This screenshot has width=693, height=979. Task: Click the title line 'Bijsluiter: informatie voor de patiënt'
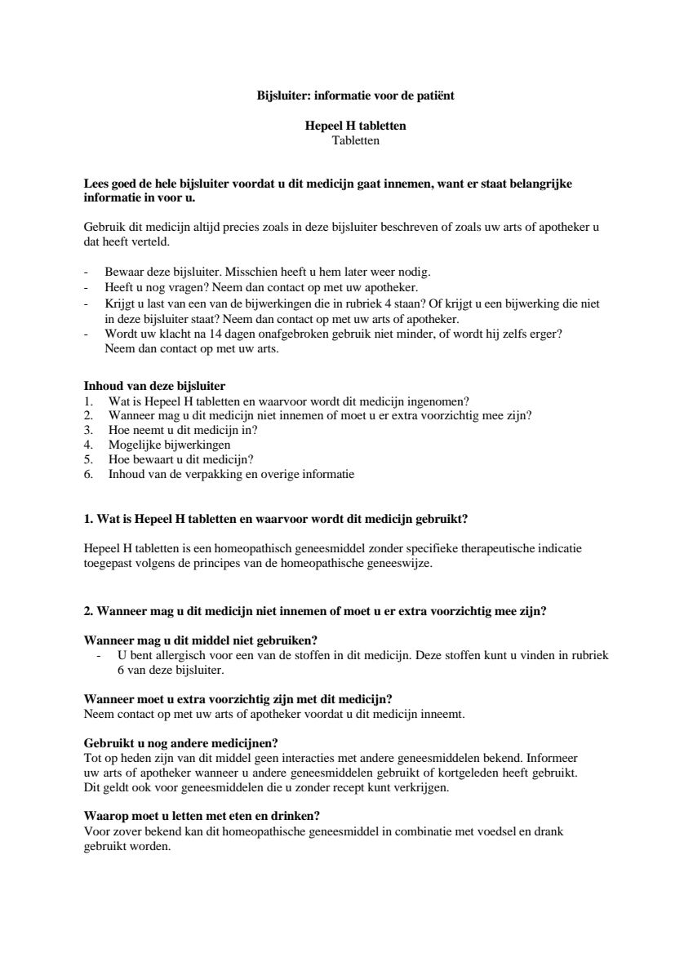[x=355, y=95]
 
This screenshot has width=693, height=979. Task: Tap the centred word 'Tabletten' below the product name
[x=355, y=140]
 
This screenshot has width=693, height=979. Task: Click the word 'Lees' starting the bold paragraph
[x=96, y=184]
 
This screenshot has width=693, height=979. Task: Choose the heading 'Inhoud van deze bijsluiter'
[x=155, y=386]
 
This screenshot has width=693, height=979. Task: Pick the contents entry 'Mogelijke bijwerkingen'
[x=169, y=445]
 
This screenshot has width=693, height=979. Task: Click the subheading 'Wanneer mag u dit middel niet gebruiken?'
[x=201, y=639]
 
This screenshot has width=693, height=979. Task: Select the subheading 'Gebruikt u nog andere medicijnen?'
[x=181, y=742]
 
